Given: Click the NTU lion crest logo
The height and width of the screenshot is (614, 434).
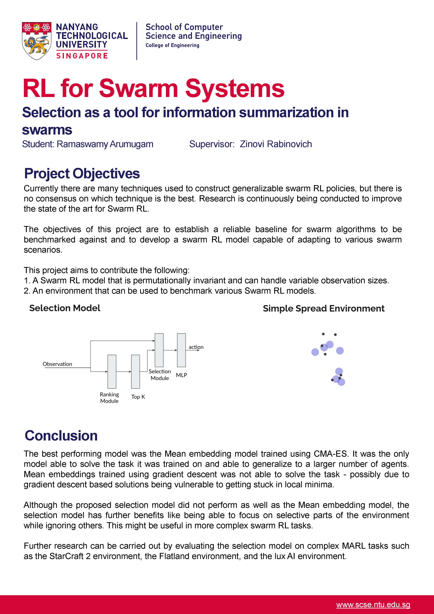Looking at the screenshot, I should [37, 41].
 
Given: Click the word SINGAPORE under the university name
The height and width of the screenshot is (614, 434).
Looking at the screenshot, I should [82, 56].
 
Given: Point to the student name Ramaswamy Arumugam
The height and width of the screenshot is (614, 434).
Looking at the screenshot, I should [105, 144].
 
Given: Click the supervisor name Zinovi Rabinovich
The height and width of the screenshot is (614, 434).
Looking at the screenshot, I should [276, 144].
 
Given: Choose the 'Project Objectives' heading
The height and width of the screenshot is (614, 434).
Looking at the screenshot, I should [82, 173].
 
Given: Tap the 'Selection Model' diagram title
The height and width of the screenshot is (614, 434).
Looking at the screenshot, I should [65, 308].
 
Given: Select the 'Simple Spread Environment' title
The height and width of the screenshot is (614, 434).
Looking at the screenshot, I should [324, 308].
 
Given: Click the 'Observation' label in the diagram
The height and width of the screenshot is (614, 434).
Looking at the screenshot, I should [57, 364].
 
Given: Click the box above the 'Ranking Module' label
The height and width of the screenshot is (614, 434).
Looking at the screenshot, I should [112, 371].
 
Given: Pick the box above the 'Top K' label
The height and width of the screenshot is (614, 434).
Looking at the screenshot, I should [135, 371].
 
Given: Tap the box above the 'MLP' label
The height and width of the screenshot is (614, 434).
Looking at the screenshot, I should [181, 350].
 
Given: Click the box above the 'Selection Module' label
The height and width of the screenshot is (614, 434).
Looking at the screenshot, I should [159, 350].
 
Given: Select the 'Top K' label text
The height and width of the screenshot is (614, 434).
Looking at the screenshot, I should [138, 397].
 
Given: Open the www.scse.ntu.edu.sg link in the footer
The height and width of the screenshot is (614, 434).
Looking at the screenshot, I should [373, 605].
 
